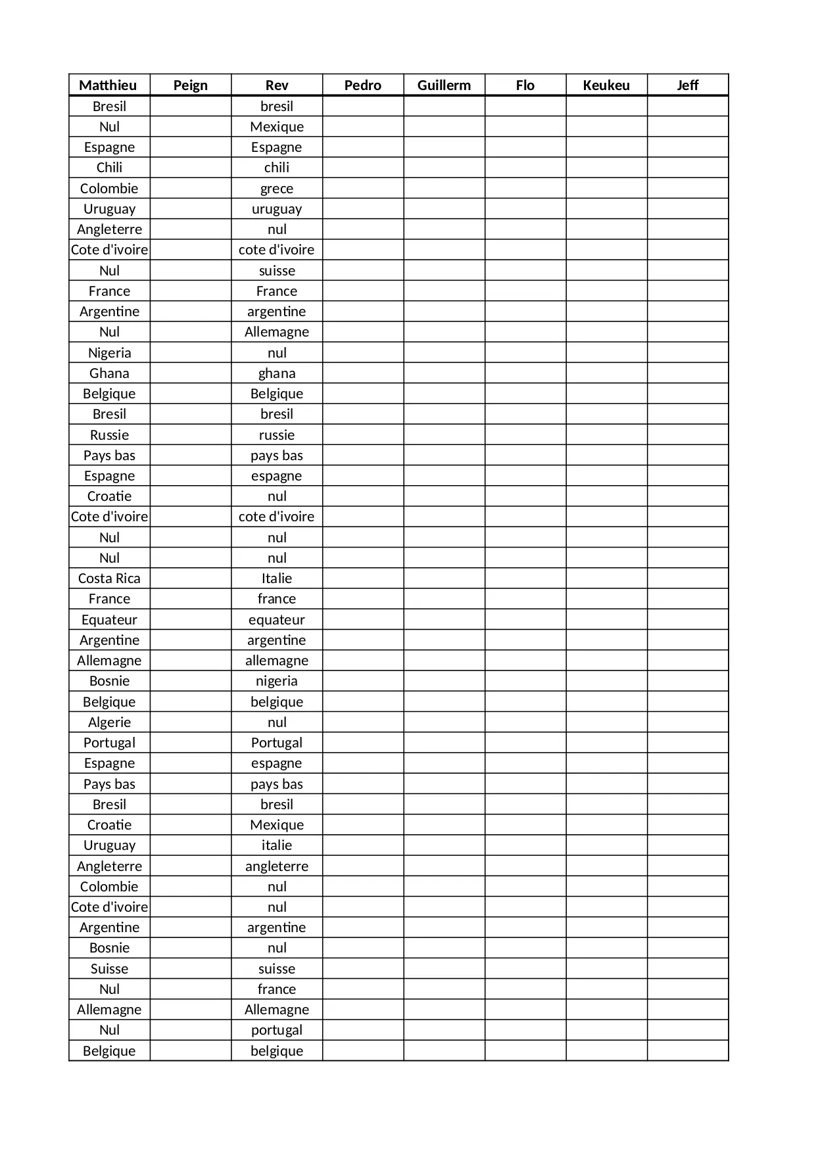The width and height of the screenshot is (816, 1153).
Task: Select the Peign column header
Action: coord(191,85)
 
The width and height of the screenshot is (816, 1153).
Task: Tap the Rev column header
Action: coord(277,85)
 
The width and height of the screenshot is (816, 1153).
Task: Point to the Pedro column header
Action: coord(363,85)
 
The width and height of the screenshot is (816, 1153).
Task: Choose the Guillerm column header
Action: coord(444,85)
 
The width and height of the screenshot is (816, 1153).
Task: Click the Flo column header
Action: coord(525,85)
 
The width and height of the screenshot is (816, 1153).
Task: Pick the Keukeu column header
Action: coord(606,85)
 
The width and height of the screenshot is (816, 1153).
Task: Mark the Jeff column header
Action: coord(688,85)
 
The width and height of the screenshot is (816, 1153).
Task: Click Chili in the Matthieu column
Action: coord(109,168)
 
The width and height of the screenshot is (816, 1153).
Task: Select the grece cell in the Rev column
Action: coord(277,189)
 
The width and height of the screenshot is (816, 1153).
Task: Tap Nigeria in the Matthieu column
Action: coord(109,353)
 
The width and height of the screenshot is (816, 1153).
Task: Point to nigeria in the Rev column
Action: coord(277,681)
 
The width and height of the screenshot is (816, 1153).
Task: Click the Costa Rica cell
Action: coord(109,578)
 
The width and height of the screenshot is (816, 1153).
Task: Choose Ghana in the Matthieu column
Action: coord(109,373)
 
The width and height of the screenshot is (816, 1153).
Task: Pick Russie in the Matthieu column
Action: coord(109,435)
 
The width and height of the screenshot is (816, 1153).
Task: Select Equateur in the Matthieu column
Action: coord(109,620)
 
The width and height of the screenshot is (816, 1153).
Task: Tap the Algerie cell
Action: coord(109,722)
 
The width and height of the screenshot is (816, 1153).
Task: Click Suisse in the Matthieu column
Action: coord(109,969)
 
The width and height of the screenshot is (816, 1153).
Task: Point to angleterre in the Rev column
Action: coord(277,866)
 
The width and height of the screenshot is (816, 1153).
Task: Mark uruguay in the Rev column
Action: coord(277,209)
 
